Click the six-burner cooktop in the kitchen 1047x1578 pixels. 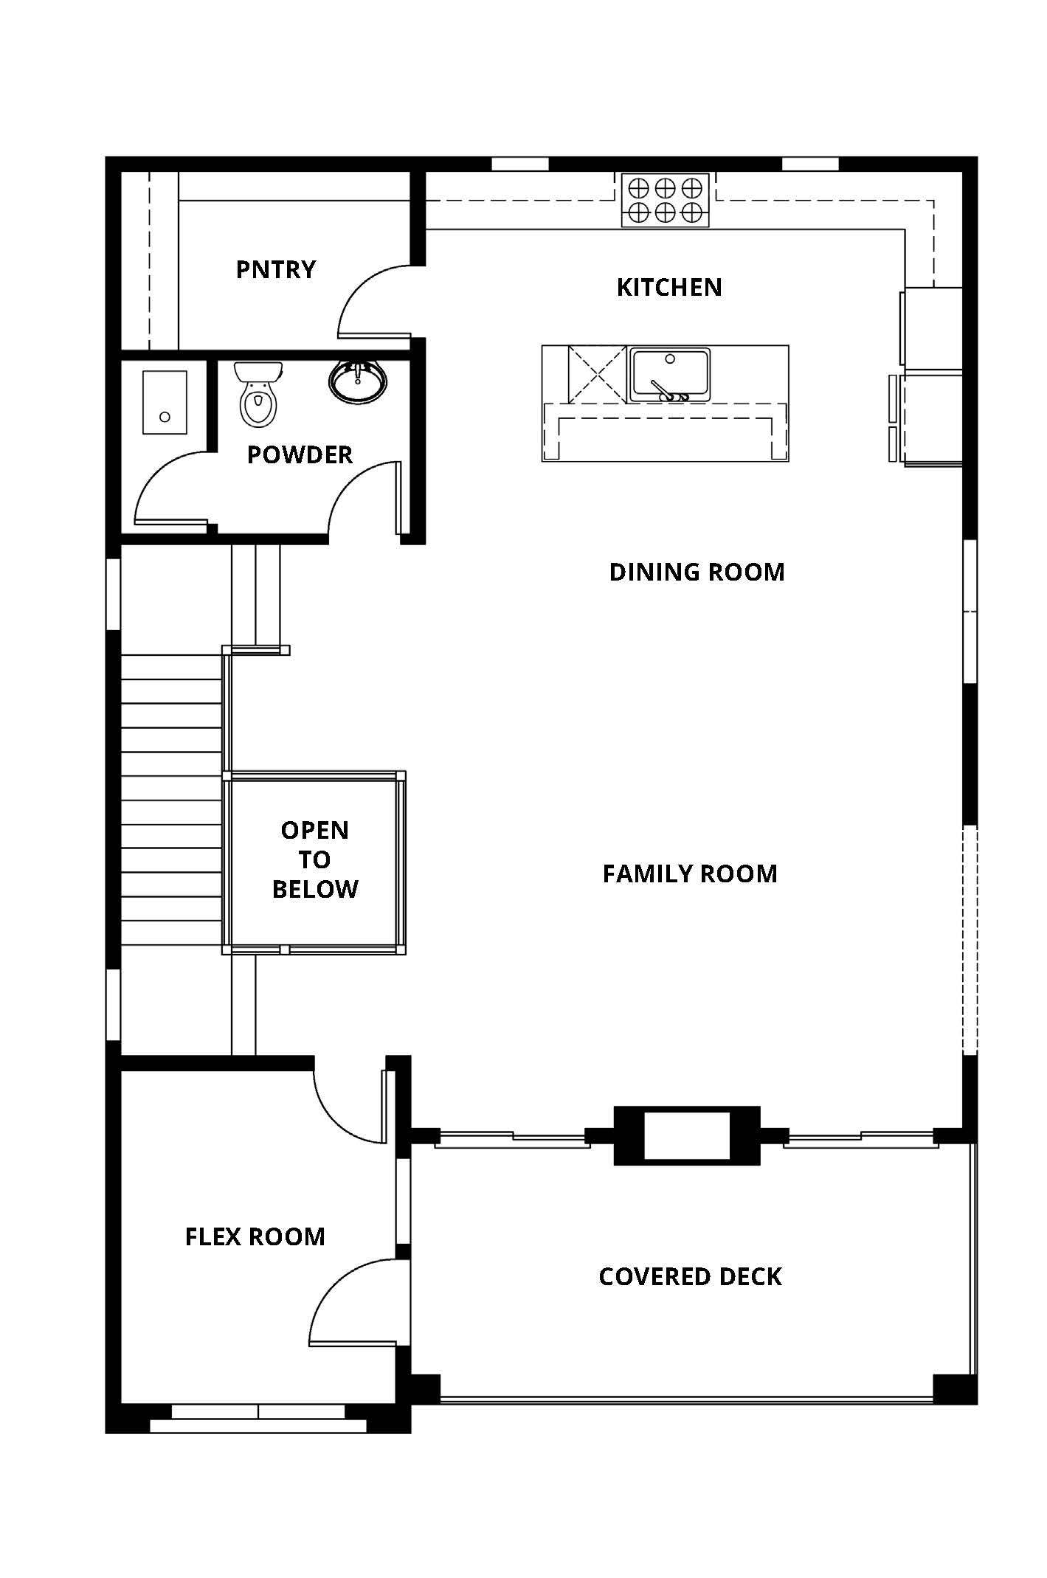[665, 200]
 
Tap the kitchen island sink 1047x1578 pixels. [669, 375]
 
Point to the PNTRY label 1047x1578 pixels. [276, 269]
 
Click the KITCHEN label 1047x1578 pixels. [669, 287]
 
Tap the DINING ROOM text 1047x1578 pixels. [697, 572]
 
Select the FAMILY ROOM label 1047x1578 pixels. [690, 873]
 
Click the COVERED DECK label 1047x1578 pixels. [690, 1277]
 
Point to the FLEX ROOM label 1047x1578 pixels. [255, 1236]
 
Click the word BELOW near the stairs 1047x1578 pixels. [315, 889]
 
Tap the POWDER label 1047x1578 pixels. [300, 454]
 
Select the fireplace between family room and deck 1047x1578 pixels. [687, 1136]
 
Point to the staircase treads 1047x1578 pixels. [171, 799]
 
